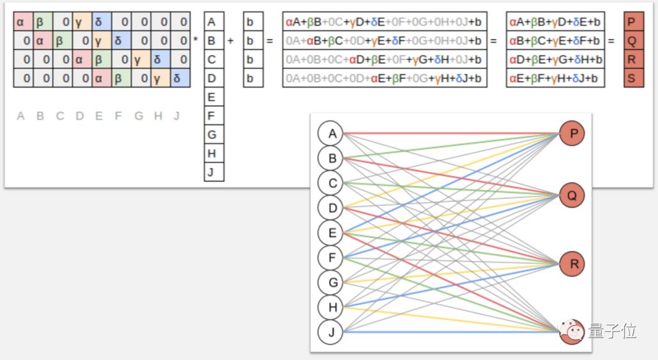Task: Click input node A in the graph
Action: click(x=332, y=133)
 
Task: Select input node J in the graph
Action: click(x=332, y=333)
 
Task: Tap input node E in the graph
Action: click(x=332, y=233)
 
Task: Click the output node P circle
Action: click(x=571, y=133)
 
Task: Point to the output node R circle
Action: click(x=571, y=264)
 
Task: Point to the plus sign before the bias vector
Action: click(x=230, y=41)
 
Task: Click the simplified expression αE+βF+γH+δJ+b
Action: click(x=553, y=78)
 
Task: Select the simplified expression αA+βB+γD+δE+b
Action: click(x=553, y=23)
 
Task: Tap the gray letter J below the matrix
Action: click(x=177, y=116)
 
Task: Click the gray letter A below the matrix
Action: click(x=21, y=116)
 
